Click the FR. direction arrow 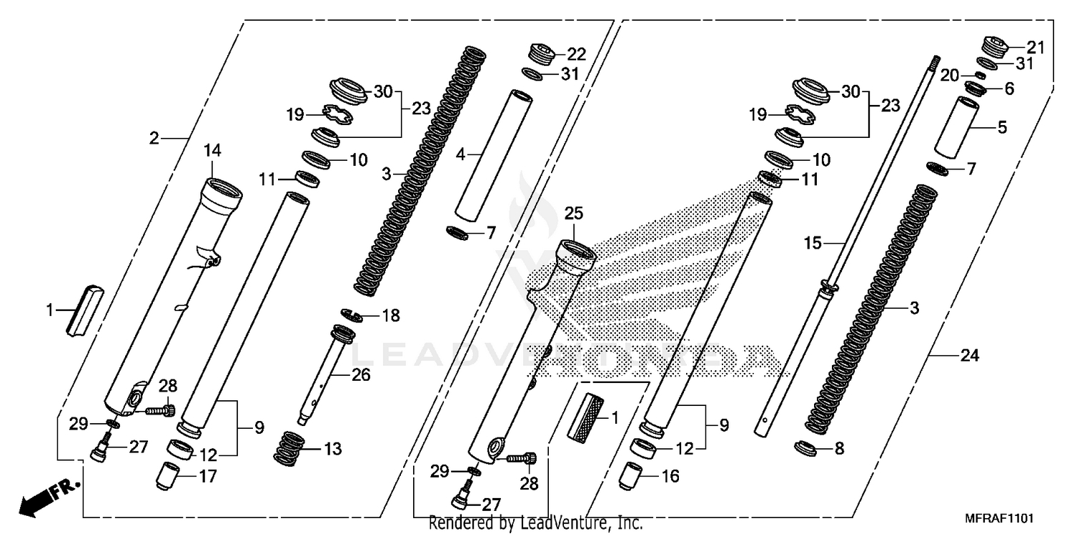coord(47,497)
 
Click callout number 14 coord(213,150)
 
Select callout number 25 coord(574,213)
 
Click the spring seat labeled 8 coord(808,449)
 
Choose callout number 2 coord(154,138)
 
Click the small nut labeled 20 coord(981,75)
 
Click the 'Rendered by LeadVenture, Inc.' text coord(535,524)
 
